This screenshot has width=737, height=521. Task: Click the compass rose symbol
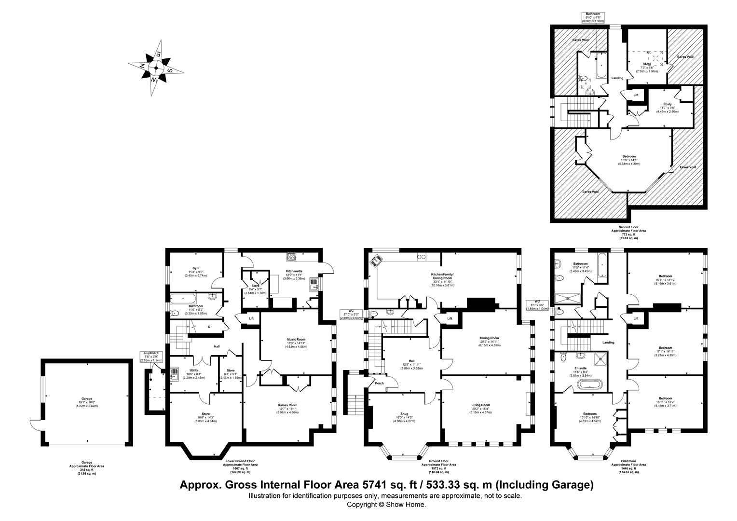click(x=156, y=68)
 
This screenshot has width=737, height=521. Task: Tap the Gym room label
click(x=196, y=267)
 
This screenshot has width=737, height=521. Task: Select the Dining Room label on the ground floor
click(x=489, y=338)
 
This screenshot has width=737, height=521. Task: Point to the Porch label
click(x=380, y=384)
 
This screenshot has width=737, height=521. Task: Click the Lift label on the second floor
click(x=636, y=95)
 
